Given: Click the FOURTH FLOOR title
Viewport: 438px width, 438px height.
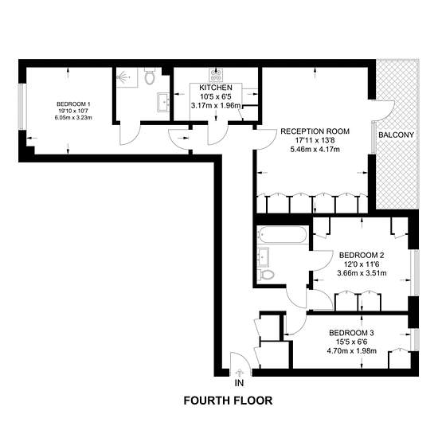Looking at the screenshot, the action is pos(228,401).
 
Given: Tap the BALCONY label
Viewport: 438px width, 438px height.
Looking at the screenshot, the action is pos(396,135).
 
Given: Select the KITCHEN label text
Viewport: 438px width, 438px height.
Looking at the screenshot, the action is pos(216,88).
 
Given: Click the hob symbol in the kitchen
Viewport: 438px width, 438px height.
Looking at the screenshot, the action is pos(216,75).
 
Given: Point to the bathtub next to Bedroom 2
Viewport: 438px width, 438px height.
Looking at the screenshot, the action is pos(284,234).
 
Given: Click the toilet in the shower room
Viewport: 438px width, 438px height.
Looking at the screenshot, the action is pos(150,76).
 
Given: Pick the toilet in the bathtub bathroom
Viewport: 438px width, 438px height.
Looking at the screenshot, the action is pos(266,274).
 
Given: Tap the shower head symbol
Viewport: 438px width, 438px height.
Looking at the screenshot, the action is pos(123,76).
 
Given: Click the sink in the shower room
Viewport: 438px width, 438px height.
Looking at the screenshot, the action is pos(163,102).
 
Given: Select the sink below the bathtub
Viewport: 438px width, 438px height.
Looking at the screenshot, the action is pos(263,256).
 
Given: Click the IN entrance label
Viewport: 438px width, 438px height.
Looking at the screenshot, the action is pos(239,383).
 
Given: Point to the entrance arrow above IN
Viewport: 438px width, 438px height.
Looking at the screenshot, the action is pos(239,373).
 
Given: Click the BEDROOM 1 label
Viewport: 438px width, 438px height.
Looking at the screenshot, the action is pos(73,104).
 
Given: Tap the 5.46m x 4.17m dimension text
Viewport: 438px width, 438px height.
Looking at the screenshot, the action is pos(315,150).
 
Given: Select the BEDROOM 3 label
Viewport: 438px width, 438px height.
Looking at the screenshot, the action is pos(351,333).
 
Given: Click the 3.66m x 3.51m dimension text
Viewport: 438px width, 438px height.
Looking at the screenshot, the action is pos(362,273).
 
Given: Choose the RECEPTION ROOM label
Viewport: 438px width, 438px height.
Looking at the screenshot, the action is pos(315,131).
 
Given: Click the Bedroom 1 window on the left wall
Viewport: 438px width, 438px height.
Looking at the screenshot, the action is pos(22,107).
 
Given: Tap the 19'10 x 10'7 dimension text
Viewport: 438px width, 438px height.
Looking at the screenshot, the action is pos(73,111).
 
